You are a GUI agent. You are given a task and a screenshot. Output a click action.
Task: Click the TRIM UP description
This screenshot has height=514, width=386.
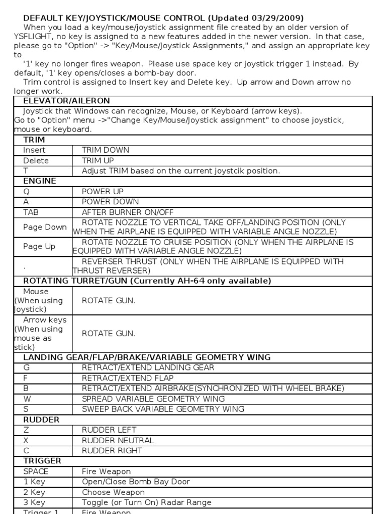98,161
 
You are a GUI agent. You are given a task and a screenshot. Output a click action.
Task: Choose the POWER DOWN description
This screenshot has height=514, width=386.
103,202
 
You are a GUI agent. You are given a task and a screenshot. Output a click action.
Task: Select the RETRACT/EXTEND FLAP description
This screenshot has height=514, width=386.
128,378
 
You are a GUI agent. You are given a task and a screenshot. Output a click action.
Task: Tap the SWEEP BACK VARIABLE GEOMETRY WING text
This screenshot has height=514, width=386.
163,409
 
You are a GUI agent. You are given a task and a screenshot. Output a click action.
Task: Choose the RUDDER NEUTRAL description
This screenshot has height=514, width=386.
118,440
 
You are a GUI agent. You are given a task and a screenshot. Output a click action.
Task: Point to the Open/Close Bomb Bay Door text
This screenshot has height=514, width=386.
136,482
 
